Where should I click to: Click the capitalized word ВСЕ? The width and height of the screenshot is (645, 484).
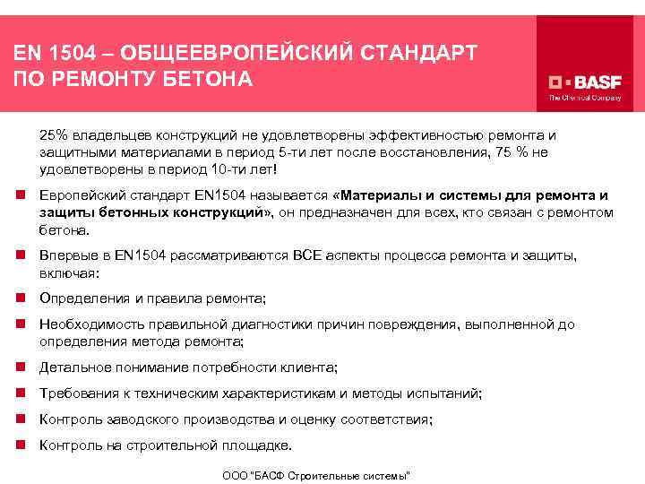pos(306,256)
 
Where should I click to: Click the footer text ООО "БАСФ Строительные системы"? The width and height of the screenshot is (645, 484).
pos(316,474)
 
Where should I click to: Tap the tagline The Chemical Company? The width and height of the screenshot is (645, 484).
pos(584,98)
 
